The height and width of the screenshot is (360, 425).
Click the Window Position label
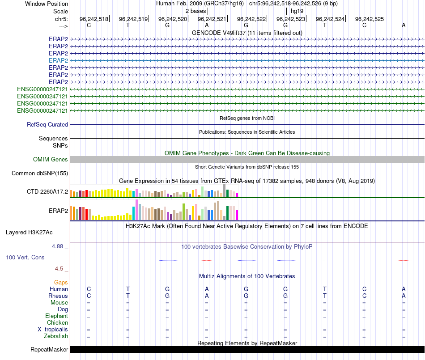(x=47, y=4)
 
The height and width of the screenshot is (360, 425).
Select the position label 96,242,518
(x=94, y=19)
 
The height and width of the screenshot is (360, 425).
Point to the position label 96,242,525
(x=369, y=19)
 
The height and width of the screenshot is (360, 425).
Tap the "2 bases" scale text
(x=195, y=11)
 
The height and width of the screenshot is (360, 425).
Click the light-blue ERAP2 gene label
(x=58, y=60)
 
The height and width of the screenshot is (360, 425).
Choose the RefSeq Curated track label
(x=47, y=125)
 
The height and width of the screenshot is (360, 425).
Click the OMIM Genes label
(x=51, y=160)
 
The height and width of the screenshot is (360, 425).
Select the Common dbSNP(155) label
(x=39, y=174)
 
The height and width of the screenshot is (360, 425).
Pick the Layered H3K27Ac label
(x=29, y=233)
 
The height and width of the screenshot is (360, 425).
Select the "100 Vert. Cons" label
(x=25, y=258)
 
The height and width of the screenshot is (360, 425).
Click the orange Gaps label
(x=61, y=283)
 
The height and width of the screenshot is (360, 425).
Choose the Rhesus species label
(x=58, y=296)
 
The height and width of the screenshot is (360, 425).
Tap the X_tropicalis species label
(x=53, y=330)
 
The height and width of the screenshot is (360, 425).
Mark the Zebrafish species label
(x=56, y=336)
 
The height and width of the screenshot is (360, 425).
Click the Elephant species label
(x=56, y=316)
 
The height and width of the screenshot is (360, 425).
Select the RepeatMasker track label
(x=49, y=350)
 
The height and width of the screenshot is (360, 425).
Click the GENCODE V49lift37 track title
(x=247, y=33)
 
